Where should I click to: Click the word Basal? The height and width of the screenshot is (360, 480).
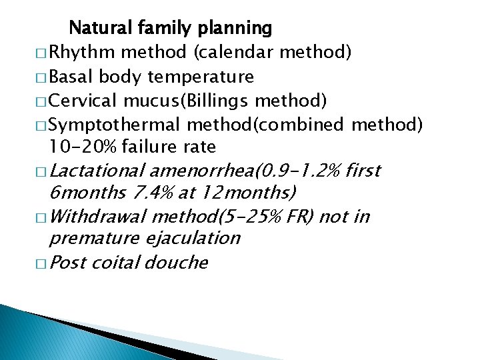pos(75,77)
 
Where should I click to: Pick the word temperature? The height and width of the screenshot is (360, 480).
pos(201,77)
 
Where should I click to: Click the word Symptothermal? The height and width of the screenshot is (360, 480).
pos(115,125)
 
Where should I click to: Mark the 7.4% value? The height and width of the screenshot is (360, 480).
pos(153,193)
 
